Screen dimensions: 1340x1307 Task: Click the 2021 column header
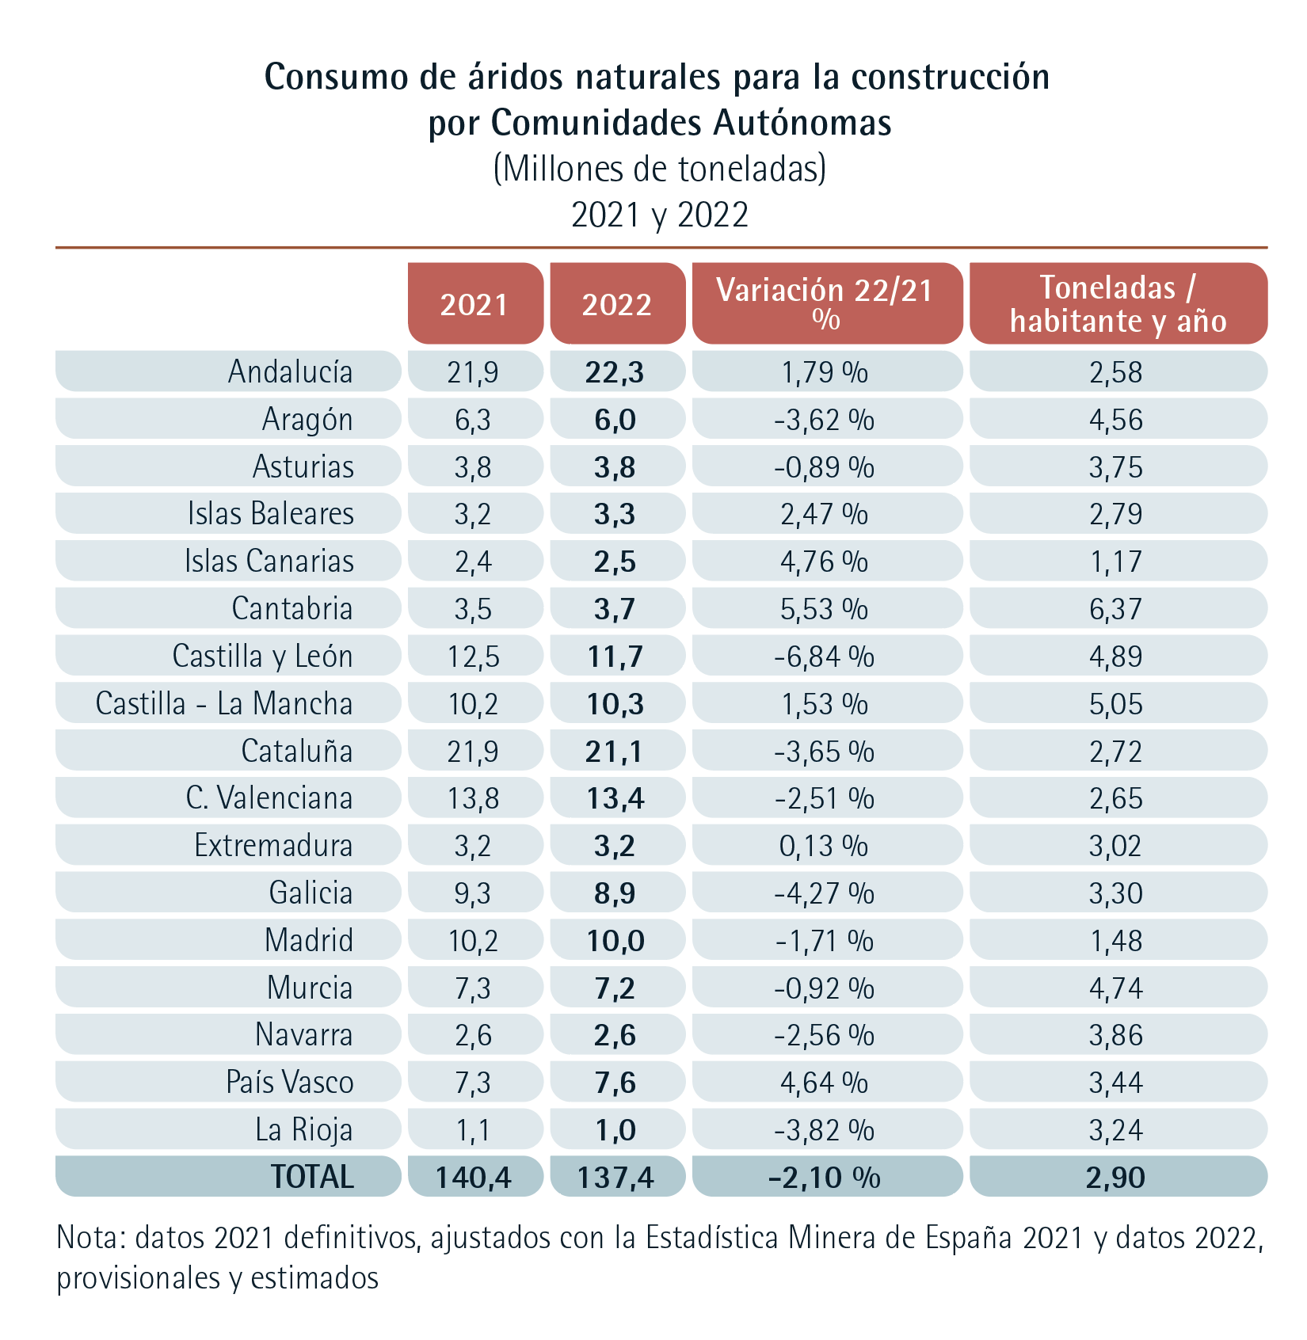474,305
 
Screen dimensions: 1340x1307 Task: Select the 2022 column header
617,305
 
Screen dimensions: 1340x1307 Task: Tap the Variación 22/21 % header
825,303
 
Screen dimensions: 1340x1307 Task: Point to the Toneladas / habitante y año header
1118,303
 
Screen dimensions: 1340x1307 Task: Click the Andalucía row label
290,371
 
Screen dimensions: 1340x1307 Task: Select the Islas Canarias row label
269,562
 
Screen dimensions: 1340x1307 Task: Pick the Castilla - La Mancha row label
224,703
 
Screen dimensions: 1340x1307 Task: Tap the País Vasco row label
289,1083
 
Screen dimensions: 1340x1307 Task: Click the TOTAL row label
312,1177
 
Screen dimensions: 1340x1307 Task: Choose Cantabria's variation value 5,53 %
825,609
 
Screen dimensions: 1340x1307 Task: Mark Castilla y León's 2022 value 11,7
615,657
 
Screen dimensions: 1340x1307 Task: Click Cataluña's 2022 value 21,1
615,752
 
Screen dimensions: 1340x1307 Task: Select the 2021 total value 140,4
474,1178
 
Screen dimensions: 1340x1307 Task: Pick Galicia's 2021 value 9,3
473,893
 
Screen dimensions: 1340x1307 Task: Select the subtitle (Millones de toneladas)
659,169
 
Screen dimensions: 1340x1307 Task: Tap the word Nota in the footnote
87,1238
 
